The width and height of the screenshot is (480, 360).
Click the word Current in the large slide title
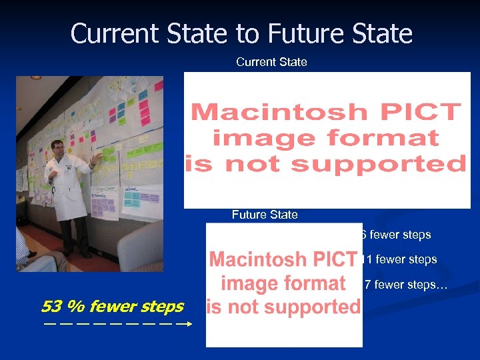point(114,33)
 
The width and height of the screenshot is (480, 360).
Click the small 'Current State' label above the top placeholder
point(271,62)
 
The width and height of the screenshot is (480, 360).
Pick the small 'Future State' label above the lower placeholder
point(265,215)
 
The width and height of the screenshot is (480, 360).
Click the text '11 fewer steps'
point(400,259)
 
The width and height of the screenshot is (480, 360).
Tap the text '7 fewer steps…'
point(406,285)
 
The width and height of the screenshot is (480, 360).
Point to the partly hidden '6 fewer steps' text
point(396,235)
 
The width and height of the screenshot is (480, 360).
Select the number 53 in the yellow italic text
point(51,307)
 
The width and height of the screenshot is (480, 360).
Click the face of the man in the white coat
point(57,147)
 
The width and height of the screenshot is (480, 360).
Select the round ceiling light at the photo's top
point(36,77)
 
